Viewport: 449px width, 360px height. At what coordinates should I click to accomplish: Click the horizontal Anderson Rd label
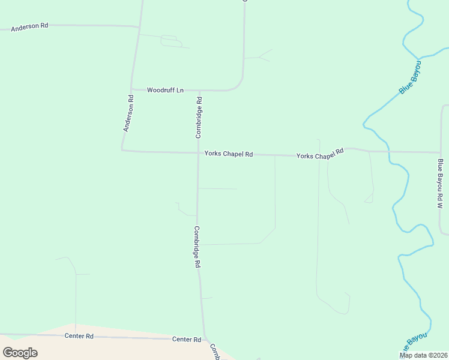tap(29, 26)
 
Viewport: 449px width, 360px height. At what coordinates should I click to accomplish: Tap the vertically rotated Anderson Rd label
tap(128, 113)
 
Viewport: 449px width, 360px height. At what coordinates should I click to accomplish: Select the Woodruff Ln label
tap(165, 90)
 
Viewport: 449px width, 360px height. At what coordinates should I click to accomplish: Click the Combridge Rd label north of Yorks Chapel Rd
tap(199, 118)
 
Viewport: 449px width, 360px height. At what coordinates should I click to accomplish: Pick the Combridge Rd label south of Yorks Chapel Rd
tap(197, 246)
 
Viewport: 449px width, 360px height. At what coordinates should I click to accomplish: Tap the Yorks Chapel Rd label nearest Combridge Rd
tap(229, 154)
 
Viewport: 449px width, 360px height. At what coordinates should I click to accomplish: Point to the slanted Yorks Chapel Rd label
tap(321, 154)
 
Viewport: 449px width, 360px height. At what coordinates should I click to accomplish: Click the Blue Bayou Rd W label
tap(440, 184)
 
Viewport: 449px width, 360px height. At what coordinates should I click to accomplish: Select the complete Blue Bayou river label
tap(410, 77)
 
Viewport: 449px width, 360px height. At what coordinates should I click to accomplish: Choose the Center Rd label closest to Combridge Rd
tap(187, 340)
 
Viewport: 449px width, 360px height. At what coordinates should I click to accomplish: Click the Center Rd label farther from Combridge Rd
tap(81, 337)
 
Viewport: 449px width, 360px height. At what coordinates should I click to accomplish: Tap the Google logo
tap(20, 352)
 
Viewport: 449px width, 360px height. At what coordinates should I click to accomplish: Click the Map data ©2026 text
tap(423, 355)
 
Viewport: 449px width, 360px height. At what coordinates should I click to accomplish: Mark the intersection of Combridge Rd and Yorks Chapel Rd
tap(198, 153)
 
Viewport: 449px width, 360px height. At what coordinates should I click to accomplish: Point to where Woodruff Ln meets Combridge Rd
tap(199, 91)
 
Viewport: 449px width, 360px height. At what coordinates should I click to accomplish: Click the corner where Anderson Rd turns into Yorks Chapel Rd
tap(122, 150)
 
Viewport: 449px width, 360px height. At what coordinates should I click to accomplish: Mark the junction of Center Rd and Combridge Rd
tap(205, 338)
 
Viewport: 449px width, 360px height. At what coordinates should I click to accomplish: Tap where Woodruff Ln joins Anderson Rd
tap(133, 89)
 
